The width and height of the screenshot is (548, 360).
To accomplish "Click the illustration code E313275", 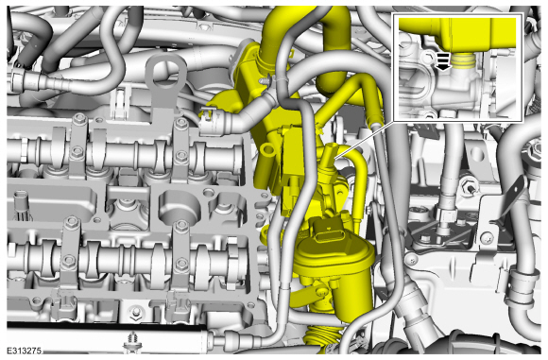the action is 25,351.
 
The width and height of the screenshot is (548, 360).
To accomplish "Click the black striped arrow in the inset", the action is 443,61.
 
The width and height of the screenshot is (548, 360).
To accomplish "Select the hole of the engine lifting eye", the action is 165,73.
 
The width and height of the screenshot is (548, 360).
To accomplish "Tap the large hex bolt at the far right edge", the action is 534,150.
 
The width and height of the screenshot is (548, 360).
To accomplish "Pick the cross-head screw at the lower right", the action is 487,239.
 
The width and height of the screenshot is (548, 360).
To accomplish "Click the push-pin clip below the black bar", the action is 133,341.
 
